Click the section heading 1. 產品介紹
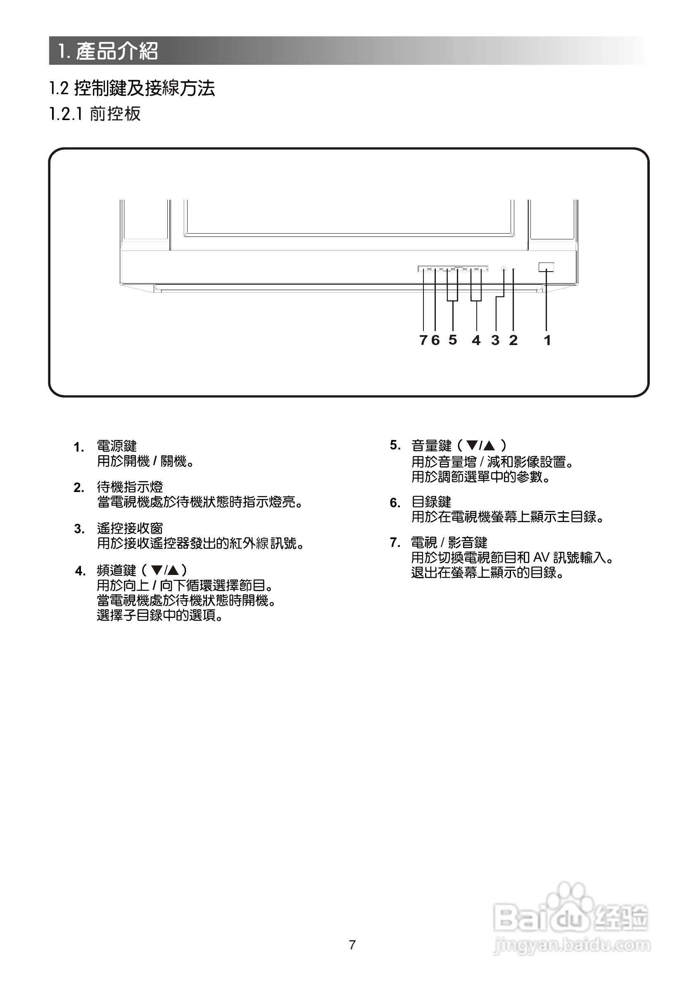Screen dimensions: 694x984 (x=109, y=51)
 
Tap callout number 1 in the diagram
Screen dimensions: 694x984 (x=547, y=340)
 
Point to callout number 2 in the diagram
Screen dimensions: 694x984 (x=513, y=340)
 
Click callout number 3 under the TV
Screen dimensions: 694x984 (x=495, y=340)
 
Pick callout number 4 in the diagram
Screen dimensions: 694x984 (x=476, y=340)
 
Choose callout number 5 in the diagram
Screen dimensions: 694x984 (x=453, y=340)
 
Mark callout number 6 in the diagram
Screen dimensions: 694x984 (x=435, y=340)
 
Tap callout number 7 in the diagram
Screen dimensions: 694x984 (x=423, y=340)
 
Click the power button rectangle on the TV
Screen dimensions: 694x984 (x=546, y=267)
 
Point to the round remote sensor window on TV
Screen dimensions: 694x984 (x=504, y=269)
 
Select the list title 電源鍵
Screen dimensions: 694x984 (x=116, y=446)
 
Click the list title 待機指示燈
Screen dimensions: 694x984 (x=130, y=487)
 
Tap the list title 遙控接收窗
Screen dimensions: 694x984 (x=130, y=528)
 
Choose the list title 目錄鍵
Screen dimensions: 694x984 (x=432, y=502)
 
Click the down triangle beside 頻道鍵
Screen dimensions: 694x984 (x=157, y=570)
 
